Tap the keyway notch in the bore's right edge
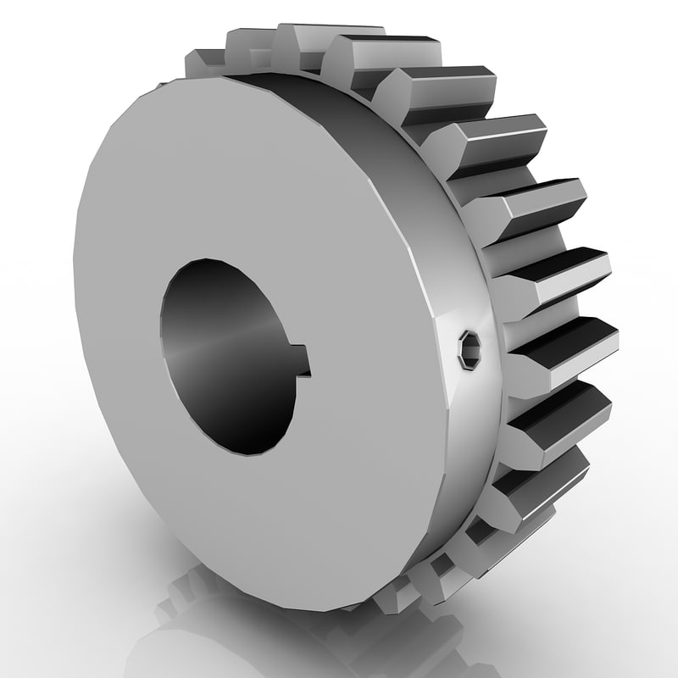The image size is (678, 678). pos(303,361)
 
